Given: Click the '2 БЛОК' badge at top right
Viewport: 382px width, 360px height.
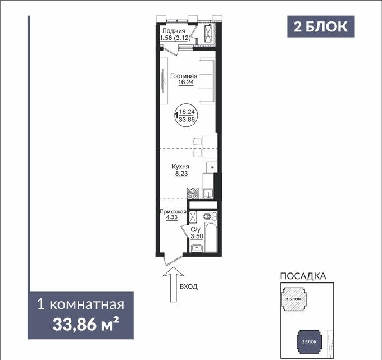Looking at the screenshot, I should (321, 26).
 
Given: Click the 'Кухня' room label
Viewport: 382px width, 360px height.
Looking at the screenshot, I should (180, 167).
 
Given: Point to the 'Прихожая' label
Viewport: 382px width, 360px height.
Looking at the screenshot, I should (172, 212).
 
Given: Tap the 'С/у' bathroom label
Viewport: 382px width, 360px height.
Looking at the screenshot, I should (196, 230).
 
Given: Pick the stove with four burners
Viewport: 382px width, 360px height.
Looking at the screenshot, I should (193, 193).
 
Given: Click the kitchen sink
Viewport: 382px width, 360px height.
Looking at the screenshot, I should (208, 193).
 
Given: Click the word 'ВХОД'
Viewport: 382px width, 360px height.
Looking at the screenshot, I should (189, 287).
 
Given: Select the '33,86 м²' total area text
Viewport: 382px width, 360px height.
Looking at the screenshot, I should (85, 324).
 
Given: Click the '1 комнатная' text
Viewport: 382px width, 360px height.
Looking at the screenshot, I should (80, 306).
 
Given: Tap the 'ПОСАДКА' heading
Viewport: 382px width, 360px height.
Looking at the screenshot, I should (303, 276).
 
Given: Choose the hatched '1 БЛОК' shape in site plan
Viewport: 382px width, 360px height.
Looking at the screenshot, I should (293, 300).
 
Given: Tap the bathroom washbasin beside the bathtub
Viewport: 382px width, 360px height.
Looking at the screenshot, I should (197, 247).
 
